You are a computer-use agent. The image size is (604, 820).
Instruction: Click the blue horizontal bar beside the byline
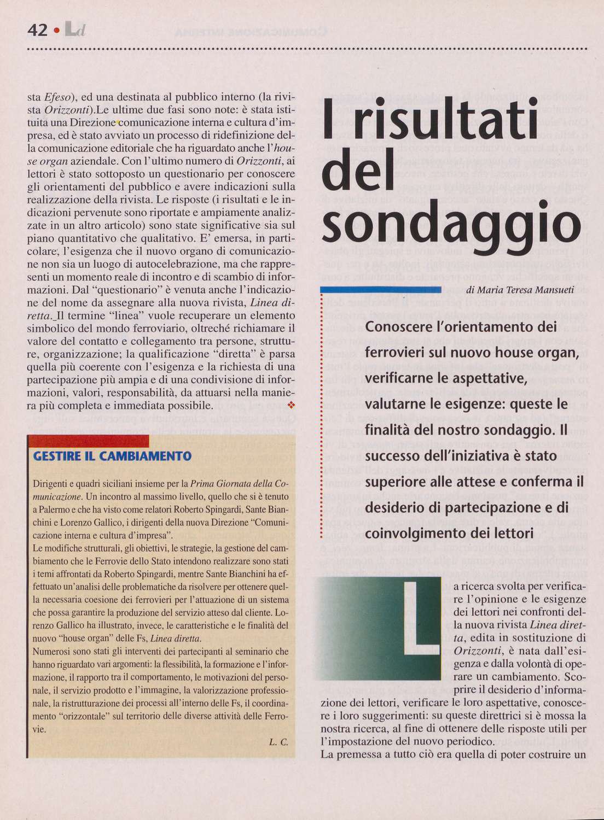381,289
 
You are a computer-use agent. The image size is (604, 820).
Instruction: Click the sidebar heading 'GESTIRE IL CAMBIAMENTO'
112,456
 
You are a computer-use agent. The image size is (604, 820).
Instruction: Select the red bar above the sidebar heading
88,441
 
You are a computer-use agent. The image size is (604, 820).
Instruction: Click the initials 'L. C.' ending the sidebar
278,742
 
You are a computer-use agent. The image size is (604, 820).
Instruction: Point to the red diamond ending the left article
291,405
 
